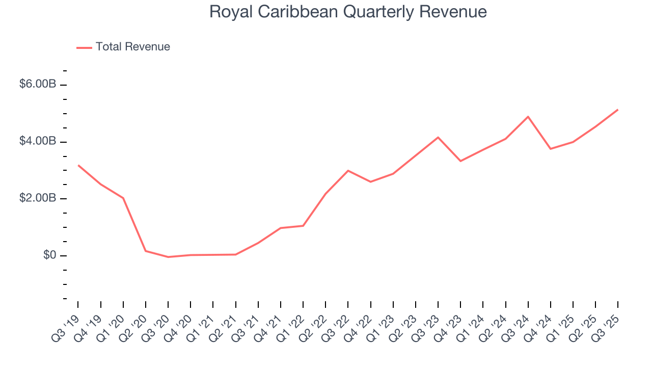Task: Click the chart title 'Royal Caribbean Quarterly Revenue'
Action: coord(348,12)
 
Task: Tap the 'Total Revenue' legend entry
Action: coord(132,47)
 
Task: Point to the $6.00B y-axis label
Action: coord(38,84)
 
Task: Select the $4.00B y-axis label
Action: coord(38,141)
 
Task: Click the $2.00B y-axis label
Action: coord(38,198)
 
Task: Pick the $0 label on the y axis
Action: coord(49,255)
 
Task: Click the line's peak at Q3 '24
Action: coord(528,117)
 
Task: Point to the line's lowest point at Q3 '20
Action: coord(168,257)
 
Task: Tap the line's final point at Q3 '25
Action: coord(618,110)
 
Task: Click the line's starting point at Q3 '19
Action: coord(78,165)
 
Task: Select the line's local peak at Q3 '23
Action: coord(438,137)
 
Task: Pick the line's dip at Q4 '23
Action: coord(460,161)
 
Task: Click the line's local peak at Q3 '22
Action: coord(348,170)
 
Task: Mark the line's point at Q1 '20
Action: coord(123,198)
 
